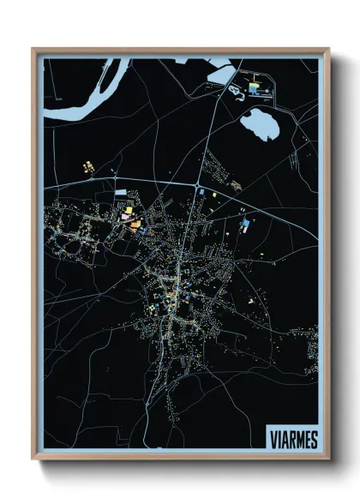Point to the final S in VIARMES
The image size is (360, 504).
pos(314,439)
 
